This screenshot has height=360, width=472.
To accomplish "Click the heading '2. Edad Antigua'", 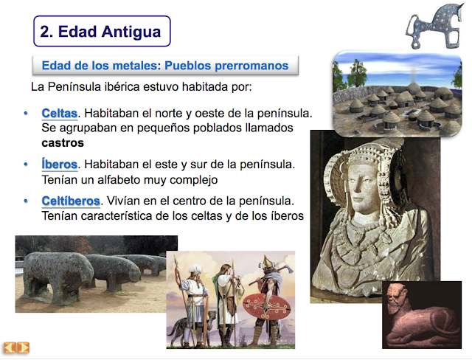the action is (x=100, y=31).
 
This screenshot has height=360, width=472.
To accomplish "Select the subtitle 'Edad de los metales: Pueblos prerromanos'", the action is (x=165, y=66).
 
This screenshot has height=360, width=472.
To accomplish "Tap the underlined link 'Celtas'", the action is (x=59, y=114).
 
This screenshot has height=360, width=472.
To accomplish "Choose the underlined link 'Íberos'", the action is (x=59, y=165).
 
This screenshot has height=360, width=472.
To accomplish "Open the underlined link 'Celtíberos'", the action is (x=71, y=201).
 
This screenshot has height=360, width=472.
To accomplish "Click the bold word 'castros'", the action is (x=63, y=142).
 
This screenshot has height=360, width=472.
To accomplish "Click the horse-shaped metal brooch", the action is (x=434, y=27).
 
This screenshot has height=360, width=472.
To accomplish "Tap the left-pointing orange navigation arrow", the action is (x=10, y=347).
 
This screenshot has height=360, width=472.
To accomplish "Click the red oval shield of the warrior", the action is (x=266, y=306).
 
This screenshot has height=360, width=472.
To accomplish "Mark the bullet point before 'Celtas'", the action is (x=26, y=113).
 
